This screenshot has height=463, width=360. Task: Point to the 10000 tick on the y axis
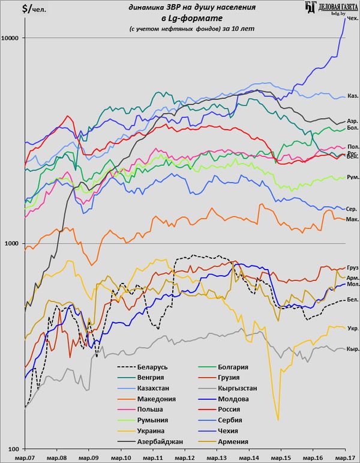click(x=11, y=38)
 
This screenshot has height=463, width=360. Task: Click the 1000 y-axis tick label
click(x=12, y=243)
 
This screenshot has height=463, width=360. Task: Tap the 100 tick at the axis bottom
click(x=14, y=448)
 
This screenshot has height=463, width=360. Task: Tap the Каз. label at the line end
click(x=353, y=95)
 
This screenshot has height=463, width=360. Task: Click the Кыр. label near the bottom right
click(x=353, y=350)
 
